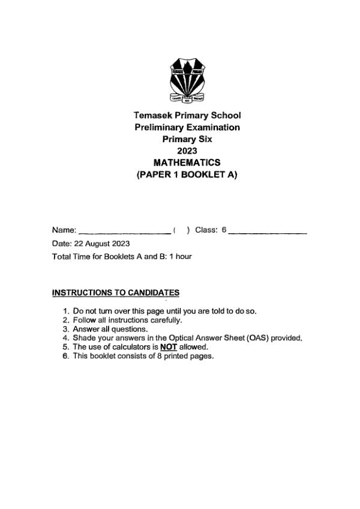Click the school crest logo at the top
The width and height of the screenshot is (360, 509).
point(187,80)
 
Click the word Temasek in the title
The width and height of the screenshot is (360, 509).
point(153,115)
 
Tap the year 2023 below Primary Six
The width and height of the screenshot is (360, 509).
point(187,150)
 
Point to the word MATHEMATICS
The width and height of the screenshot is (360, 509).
point(187,162)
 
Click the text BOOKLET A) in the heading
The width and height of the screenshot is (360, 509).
point(212,174)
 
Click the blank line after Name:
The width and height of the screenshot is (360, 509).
point(124,231)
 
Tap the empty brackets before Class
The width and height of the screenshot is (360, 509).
point(181,230)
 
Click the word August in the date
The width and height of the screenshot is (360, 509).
point(96,243)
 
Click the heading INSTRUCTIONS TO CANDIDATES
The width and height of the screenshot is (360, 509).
point(116,293)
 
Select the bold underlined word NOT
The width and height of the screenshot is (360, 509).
point(169,347)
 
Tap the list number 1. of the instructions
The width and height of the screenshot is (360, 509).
point(66,311)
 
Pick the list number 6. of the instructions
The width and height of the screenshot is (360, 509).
point(66,356)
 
